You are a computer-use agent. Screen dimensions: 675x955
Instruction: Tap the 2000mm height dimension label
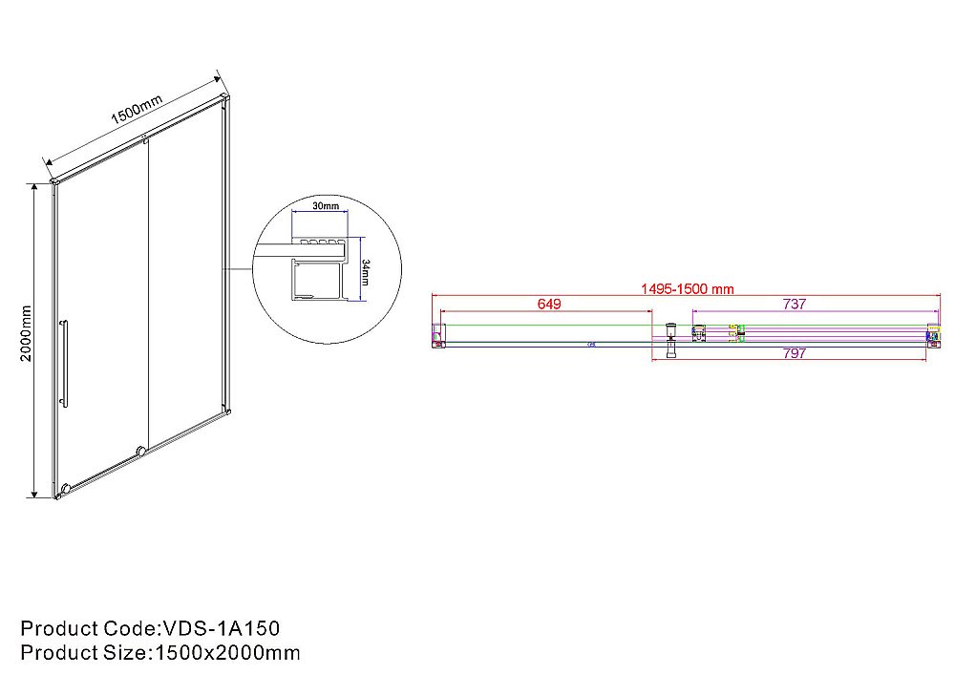pos(27,333)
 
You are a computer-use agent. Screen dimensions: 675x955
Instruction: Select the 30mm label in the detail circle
pos(326,206)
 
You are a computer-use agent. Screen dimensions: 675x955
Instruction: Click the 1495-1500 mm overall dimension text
pos(687,289)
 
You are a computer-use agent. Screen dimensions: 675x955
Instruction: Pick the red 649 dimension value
pos(548,305)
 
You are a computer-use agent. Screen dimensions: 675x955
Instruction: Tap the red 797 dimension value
pos(794,353)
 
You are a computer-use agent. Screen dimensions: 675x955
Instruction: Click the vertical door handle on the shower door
pos(64,364)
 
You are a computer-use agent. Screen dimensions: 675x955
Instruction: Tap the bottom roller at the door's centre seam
pos(141,449)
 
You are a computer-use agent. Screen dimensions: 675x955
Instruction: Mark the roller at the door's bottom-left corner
pos(64,491)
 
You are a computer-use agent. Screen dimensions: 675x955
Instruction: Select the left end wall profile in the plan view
pos(438,335)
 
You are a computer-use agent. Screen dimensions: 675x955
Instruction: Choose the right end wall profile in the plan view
pos(933,335)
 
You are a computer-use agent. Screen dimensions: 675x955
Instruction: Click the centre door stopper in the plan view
pos(671,337)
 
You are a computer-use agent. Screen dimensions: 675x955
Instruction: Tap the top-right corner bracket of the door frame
pos(225,97)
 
